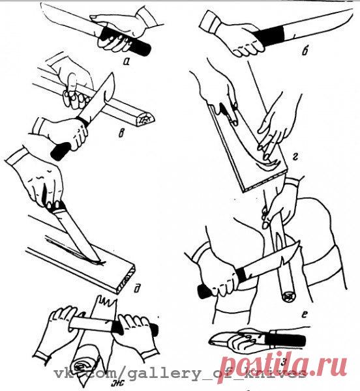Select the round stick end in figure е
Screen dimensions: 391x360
[x=285, y=297]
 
